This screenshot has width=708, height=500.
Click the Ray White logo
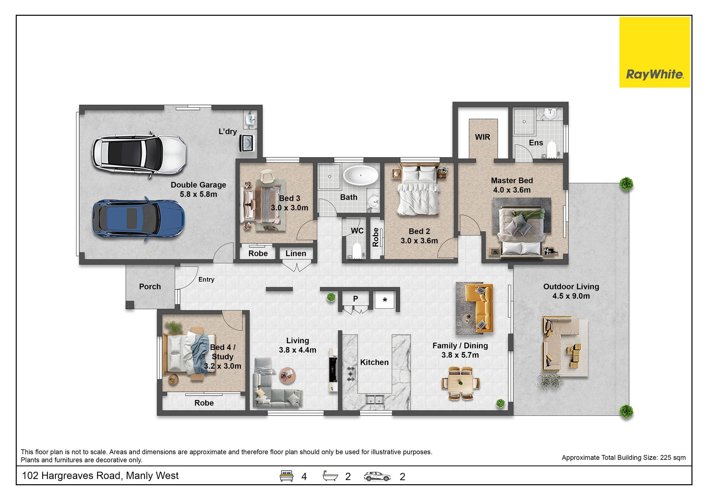655,52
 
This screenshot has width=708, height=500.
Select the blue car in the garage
139,219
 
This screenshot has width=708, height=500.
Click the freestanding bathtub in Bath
361,175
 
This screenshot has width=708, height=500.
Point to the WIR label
482,137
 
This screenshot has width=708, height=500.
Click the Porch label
150,287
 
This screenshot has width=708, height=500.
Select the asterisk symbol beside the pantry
385,300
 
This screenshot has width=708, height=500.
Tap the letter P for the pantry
355,299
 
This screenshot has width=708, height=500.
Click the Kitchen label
374,363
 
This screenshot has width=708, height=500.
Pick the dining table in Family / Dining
461,384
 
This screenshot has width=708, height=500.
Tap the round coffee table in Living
287,375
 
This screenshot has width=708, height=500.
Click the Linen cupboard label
296,254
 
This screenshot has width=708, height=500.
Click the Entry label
206,280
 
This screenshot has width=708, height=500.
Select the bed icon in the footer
287,476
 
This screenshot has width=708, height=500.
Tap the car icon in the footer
377,476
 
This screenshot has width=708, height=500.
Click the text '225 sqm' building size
673,458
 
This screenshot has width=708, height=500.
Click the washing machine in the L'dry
246,143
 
